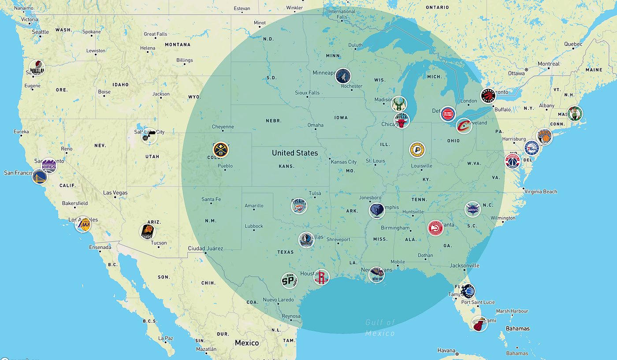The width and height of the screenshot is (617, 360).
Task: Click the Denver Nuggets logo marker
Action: pyautogui.click(x=221, y=150)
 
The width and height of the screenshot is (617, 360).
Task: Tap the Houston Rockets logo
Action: pyautogui.click(x=322, y=277)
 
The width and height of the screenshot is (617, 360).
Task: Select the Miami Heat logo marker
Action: pyautogui.click(x=479, y=324)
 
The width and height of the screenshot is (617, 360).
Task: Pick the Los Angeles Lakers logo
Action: pyautogui.click(x=83, y=224)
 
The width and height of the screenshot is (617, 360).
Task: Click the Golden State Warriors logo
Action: pyautogui.click(x=40, y=177)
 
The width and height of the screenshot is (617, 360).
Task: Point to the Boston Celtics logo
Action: pyautogui.click(x=575, y=114)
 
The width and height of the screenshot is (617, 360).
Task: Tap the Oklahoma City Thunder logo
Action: pyautogui.click(x=299, y=206)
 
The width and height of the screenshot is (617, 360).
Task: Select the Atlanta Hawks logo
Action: pyautogui.click(x=435, y=228)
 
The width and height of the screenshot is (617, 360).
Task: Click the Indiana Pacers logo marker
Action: pyautogui.click(x=417, y=150)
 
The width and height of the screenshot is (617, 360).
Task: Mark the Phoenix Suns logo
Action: pyautogui.click(x=147, y=231)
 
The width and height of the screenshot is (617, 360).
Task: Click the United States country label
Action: pyautogui.click(x=295, y=153)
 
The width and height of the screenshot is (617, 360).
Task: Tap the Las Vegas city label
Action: pyautogui.click(x=115, y=193)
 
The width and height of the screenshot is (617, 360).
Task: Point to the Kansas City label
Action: pyautogui.click(x=344, y=162)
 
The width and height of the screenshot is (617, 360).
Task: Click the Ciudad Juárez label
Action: pyautogui.click(x=206, y=248)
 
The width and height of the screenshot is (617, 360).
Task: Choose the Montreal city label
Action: pyautogui.click(x=549, y=64)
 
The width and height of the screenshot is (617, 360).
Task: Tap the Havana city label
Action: pyautogui.click(x=446, y=350)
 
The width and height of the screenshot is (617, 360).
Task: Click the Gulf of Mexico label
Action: pyautogui.click(x=380, y=327)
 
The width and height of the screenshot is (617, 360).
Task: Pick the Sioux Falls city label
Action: pyautogui.click(x=307, y=93)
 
